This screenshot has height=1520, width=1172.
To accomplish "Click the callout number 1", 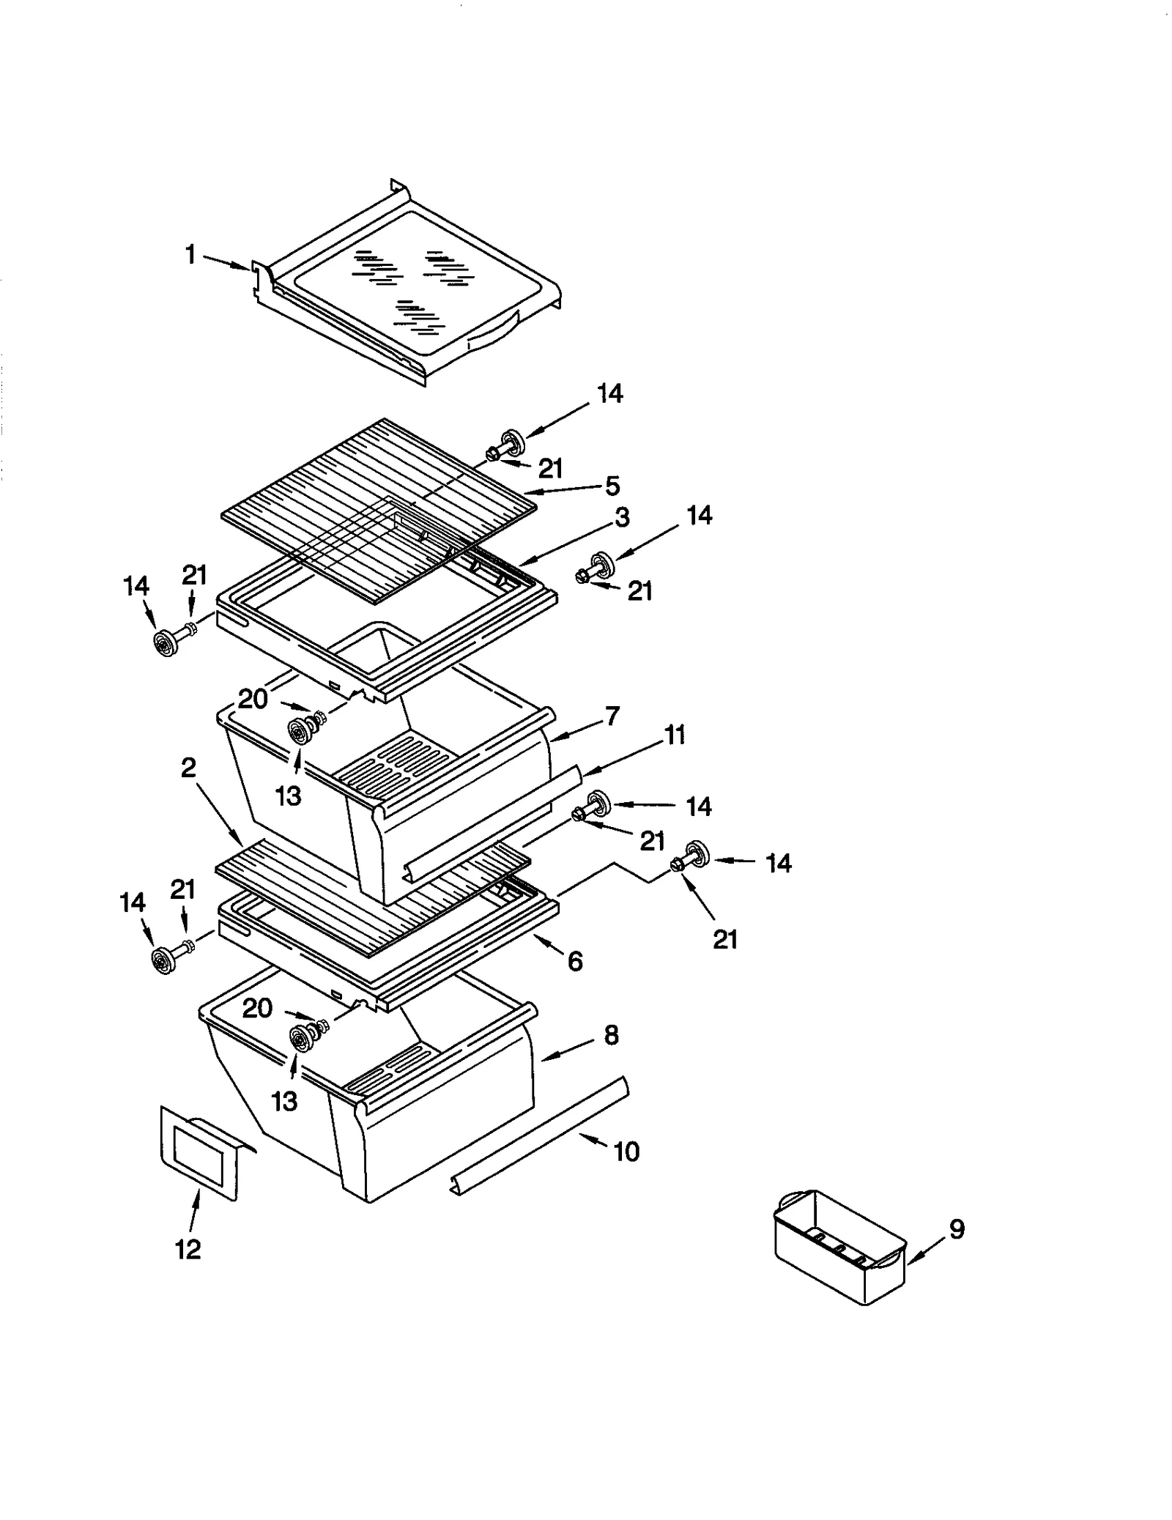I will pyautogui.click(x=190, y=256).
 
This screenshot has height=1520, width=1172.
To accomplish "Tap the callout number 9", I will pyautogui.click(x=957, y=1228).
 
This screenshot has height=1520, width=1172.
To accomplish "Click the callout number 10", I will pyautogui.click(x=626, y=1152).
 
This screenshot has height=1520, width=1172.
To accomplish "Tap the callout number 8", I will pyautogui.click(x=611, y=1035).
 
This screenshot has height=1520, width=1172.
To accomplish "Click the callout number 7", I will pyautogui.click(x=612, y=716).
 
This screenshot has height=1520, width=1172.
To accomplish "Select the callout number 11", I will pyautogui.click(x=675, y=735).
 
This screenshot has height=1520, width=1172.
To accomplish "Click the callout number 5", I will pyautogui.click(x=612, y=486).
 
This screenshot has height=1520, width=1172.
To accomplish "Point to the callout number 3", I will pyautogui.click(x=622, y=518).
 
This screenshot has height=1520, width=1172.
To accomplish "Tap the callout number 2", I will pyautogui.click(x=189, y=768).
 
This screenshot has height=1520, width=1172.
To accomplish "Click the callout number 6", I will pyautogui.click(x=575, y=961).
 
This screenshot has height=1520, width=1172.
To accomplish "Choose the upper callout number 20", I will pyautogui.click(x=253, y=699).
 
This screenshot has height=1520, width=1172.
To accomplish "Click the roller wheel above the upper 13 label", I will pyautogui.click(x=300, y=730).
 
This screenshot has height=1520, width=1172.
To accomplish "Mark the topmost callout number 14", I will pyautogui.click(x=609, y=394).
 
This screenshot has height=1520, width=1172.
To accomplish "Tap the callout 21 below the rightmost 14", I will pyautogui.click(x=724, y=938).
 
